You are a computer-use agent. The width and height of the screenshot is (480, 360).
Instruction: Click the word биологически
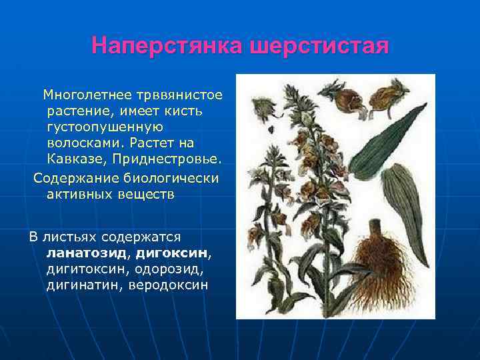click(x=170, y=178)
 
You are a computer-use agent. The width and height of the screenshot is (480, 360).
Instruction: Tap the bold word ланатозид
click(x=88, y=253)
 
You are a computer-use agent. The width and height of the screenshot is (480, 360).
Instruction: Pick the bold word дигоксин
click(x=172, y=253)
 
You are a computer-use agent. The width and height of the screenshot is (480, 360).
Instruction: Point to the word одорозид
click(x=172, y=269)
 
